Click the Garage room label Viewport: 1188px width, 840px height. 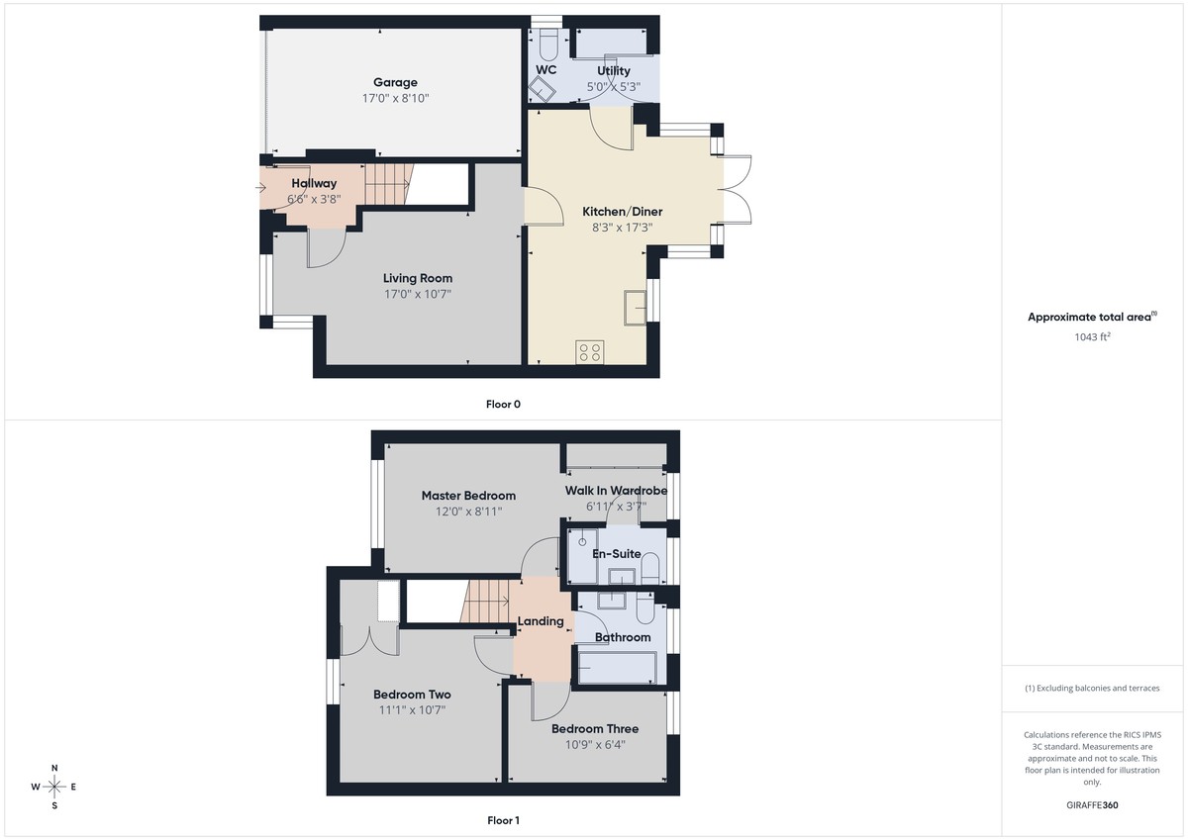(395, 82)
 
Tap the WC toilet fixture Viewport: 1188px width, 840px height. (547, 44)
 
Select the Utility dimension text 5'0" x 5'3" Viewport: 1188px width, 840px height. (614, 87)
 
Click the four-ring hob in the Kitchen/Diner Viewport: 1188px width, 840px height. (590, 352)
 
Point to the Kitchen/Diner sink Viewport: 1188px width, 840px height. (635, 307)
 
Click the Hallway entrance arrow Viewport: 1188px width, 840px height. (260, 186)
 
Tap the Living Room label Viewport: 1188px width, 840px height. (418, 278)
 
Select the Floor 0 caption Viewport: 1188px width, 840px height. (503, 404)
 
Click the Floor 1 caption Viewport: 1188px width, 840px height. (503, 820)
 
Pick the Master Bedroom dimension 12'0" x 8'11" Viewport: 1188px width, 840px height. (468, 512)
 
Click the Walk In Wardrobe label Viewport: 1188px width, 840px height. (616, 491)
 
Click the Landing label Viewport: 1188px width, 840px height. (541, 621)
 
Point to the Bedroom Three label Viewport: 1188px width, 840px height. (595, 729)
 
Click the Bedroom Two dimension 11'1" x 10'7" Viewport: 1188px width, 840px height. (412, 709)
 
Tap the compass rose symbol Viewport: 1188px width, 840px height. (54, 787)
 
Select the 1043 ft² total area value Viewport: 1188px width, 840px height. (1092, 336)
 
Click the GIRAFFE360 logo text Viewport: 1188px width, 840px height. (1092, 805)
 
